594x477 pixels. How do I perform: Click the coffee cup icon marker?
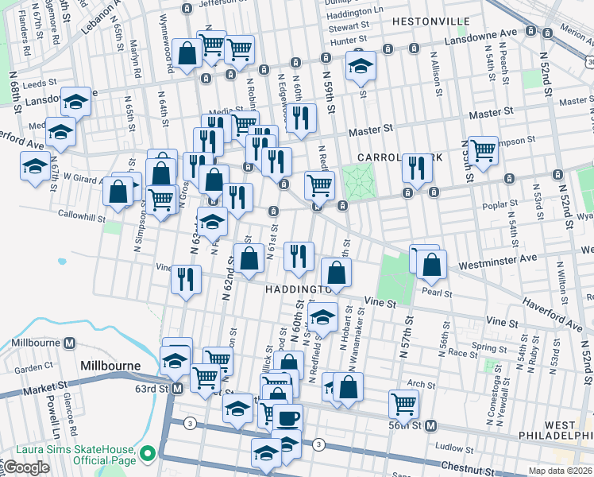pyautogui.click(x=287, y=417)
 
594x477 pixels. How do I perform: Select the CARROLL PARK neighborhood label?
pyautogui.click(x=391, y=157)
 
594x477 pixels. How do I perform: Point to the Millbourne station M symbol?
pyautogui.click(x=70, y=343)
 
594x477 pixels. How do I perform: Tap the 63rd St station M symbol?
pyautogui.click(x=177, y=389)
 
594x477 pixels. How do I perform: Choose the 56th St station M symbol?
pyautogui.click(x=430, y=425)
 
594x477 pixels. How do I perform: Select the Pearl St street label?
pyautogui.click(x=438, y=293)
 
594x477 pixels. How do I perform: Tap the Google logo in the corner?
pyautogui.click(x=26, y=467)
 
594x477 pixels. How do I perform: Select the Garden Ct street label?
pyautogui.click(x=33, y=368)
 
